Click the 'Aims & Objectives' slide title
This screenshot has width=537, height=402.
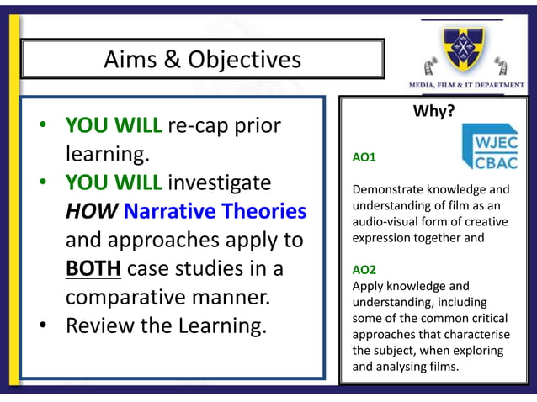(202, 60)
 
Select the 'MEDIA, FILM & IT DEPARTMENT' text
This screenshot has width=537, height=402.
(466, 85)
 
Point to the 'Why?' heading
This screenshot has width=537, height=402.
(433, 111)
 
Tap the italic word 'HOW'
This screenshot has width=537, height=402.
(92, 211)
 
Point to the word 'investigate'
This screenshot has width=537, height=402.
(220, 182)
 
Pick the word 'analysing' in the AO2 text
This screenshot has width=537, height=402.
(412, 366)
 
